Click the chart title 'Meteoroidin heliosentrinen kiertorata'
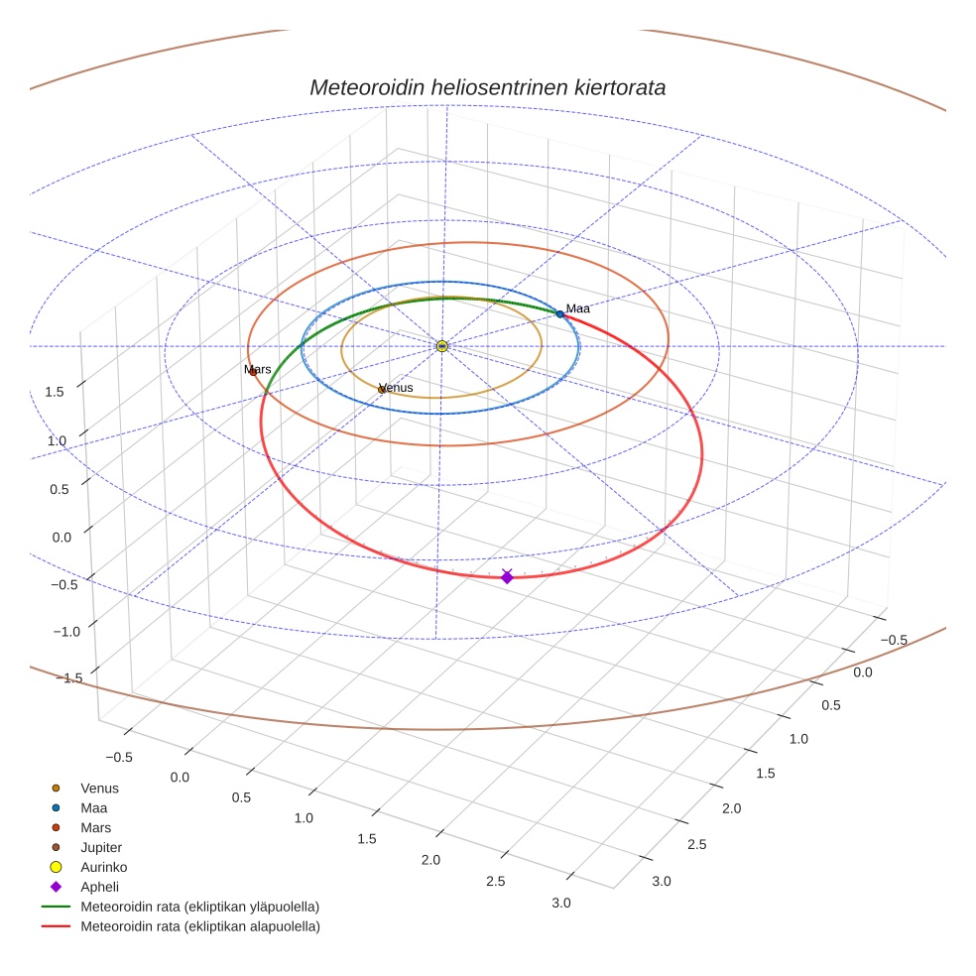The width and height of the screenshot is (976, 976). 487,87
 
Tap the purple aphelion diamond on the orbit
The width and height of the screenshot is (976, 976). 507,576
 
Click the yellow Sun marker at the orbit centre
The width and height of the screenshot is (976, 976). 442,346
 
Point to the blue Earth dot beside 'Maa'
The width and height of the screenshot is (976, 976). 559,314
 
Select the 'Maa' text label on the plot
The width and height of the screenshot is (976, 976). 577,308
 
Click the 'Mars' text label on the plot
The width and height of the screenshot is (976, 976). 258,369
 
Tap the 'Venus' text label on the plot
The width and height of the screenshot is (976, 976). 396,388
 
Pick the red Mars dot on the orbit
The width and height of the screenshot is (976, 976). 253,372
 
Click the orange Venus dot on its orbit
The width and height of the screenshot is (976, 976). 382,390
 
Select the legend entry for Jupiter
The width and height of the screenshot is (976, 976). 101,847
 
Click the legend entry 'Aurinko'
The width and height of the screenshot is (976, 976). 103,867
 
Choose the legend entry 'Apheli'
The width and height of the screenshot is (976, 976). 99,887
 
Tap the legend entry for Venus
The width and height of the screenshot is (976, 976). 99,788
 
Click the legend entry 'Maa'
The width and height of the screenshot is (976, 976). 93,807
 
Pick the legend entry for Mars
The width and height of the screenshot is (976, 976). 95,827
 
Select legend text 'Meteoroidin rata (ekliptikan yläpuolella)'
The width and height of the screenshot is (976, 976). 199,907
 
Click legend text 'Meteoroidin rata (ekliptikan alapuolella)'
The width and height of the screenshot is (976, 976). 199,926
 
